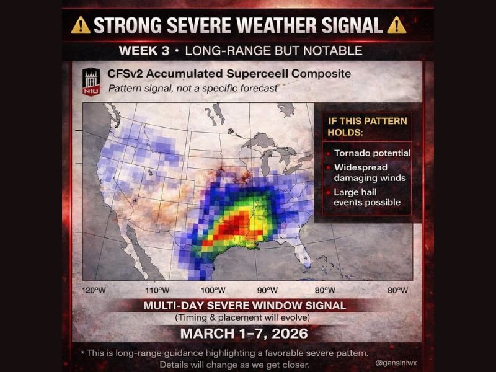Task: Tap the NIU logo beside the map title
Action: [91, 81]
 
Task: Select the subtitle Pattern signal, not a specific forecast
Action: [193, 88]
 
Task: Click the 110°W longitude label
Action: [157, 290]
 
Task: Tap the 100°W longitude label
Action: [213, 290]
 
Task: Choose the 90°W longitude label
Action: [267, 290]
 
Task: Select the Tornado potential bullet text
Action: [372, 153]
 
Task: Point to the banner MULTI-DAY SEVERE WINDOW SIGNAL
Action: [245, 306]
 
